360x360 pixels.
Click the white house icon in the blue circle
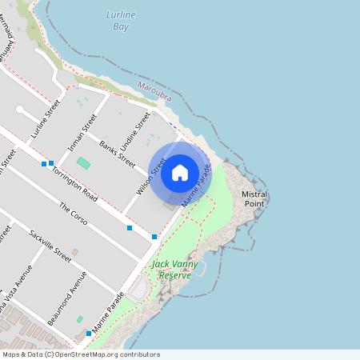(180, 172)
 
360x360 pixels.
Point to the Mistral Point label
(254, 198)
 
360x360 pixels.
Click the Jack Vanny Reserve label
(171, 269)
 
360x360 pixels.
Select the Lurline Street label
(46, 119)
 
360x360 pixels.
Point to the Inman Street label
(82, 132)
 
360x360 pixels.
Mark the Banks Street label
(117, 153)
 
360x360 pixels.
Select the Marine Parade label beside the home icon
(196, 186)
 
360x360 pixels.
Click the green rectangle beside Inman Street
(83, 163)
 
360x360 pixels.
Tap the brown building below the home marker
(169, 206)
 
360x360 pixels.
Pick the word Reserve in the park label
(174, 274)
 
